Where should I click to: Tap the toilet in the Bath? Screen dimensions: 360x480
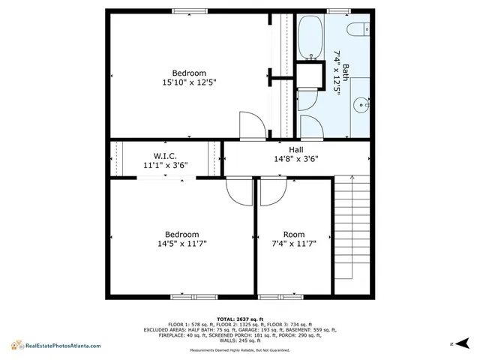pos(357,29)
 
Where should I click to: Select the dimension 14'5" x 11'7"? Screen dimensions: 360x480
pos(181,243)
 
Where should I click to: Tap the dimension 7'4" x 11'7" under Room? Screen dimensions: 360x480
pos(294,243)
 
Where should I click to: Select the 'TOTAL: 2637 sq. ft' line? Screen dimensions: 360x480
pos(239,319)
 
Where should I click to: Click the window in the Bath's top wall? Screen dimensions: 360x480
pos(338,10)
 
